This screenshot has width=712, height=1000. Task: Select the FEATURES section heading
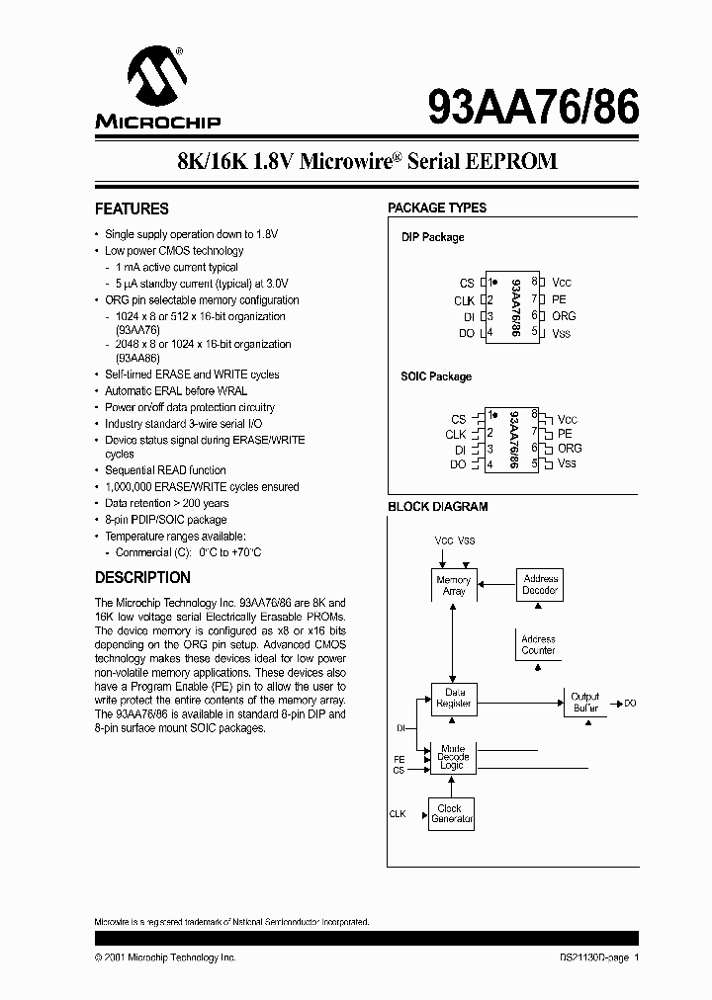(132, 208)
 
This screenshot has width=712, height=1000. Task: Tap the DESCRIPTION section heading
(142, 577)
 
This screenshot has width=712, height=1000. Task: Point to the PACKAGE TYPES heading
(437, 208)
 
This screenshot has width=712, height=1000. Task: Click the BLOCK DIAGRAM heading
(437, 507)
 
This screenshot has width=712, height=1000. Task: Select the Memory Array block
(454, 585)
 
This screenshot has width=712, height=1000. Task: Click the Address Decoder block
(540, 584)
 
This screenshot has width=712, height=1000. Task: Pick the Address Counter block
(539, 645)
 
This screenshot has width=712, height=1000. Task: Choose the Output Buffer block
(585, 703)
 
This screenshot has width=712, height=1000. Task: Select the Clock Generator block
(452, 813)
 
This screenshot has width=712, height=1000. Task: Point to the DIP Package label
(432, 237)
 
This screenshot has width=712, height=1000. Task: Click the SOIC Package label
(436, 376)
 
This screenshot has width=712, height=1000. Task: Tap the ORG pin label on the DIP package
(564, 316)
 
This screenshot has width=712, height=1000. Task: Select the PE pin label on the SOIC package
(564, 433)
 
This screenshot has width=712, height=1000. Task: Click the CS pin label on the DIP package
(467, 283)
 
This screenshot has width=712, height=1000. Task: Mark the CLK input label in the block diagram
(398, 814)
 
